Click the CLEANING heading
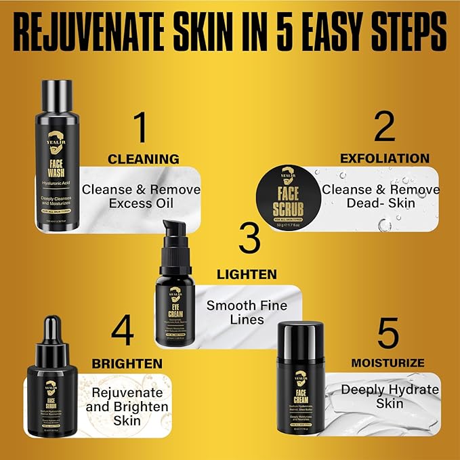tap(144, 159)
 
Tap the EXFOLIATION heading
tap(384, 159)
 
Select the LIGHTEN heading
tap(247, 274)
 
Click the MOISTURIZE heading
tap(388, 363)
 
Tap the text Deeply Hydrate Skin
tap(390, 396)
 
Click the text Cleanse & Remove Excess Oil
tap(141, 196)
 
